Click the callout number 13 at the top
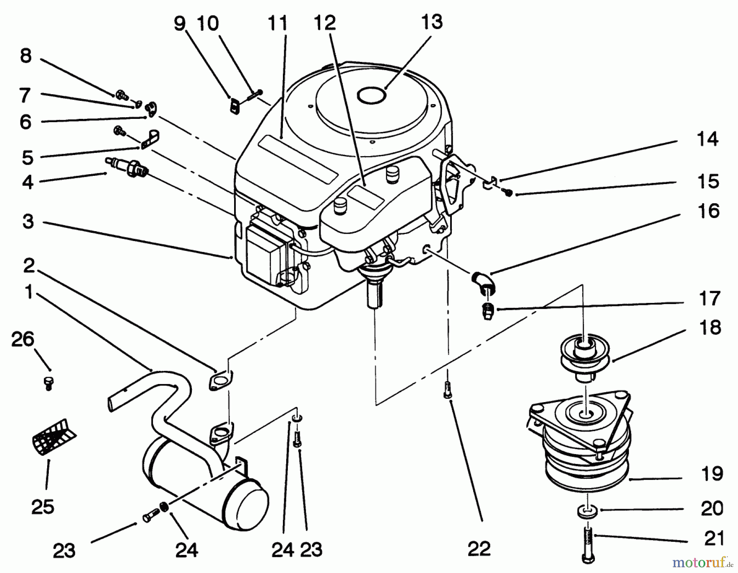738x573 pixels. coord(432,22)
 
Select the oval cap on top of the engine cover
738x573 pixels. coord(371,95)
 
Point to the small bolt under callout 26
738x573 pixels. coord(48,383)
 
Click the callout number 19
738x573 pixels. coord(712,474)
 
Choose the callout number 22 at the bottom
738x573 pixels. coord(478,548)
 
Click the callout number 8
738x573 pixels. coord(25,56)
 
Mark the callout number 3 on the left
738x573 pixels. coord(28,221)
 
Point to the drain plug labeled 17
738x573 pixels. coord(487,313)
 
